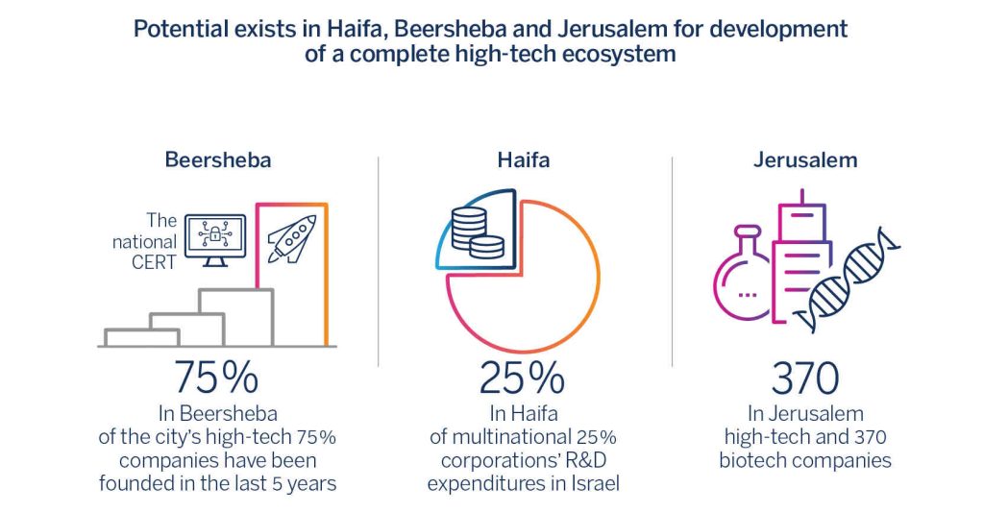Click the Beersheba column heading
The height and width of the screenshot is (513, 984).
tap(217, 160)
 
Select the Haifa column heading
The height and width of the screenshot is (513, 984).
tap(524, 160)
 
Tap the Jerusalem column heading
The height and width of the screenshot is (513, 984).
tap(804, 160)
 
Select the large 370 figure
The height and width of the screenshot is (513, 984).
tap(805, 378)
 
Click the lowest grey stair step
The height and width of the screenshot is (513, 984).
tap(142, 336)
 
